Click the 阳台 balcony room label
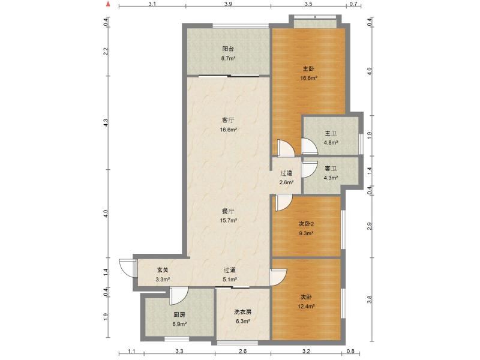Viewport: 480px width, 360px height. pos(228,49)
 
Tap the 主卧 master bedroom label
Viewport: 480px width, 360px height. pos(308,68)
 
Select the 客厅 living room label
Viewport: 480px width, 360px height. pos(228,120)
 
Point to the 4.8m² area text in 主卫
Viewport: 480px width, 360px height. pos(331,143)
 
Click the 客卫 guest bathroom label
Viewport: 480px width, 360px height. pos(331,169)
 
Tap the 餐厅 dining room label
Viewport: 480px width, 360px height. pos(228,211)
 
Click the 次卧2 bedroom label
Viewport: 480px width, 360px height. pos(307,224)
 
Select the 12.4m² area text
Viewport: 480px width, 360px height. pos(307,306)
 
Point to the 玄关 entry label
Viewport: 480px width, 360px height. pos(163,270)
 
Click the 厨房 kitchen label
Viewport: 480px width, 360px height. pos(179,314)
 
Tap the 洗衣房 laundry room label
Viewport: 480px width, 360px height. pos(242,312)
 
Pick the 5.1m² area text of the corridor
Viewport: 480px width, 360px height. pos(230,280)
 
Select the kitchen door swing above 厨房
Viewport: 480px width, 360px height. pos(179,296)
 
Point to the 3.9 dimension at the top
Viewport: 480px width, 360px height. pos(228,4)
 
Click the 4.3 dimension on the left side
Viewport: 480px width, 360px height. pos(106,122)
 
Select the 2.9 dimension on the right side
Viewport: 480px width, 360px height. pos(370,227)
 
